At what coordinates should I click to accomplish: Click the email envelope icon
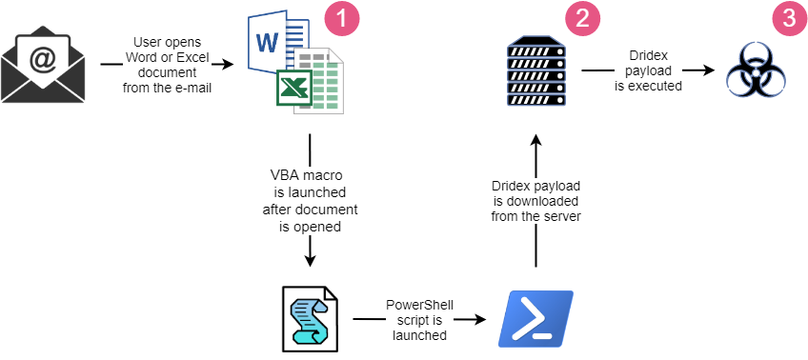44,66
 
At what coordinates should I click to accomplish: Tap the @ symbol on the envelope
44,59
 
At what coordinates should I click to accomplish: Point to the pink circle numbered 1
340,18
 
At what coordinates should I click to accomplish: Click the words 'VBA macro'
308,175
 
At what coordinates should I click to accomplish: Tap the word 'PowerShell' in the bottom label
419,305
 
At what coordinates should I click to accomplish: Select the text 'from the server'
535,216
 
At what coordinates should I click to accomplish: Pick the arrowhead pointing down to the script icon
309,261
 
